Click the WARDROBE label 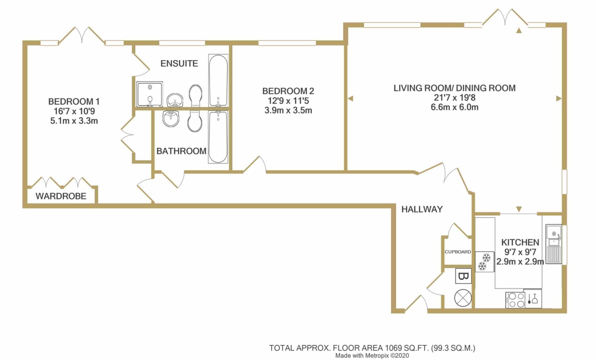point(61,196)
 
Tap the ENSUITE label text point(179,64)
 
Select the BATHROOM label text point(181,151)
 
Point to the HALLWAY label point(422,209)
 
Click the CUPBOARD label point(458,252)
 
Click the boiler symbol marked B point(463,276)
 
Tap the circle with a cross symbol point(463,298)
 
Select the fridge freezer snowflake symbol point(485,262)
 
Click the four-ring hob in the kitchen point(515,300)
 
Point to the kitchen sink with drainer point(554,244)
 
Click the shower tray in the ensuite point(149,94)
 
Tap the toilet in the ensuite point(196,96)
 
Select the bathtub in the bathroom point(218,137)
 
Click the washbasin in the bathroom point(171,119)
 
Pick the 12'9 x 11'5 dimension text point(288,101)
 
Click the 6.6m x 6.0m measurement point(454,107)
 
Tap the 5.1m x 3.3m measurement point(74,121)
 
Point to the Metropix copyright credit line point(372,356)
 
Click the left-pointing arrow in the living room point(351,98)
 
